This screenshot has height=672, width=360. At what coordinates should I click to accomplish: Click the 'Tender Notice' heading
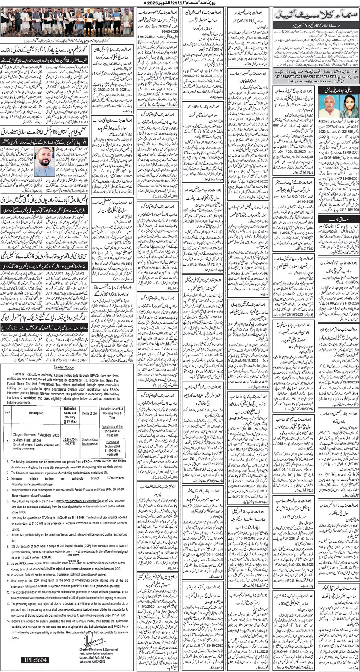coord(64,367)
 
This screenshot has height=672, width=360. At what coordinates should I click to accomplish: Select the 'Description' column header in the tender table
coord(36,413)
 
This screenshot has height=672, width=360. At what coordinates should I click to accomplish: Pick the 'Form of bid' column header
coord(90,413)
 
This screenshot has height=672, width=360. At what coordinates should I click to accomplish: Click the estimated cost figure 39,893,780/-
coord(70,439)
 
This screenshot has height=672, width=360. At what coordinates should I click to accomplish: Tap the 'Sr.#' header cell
coord(8,413)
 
